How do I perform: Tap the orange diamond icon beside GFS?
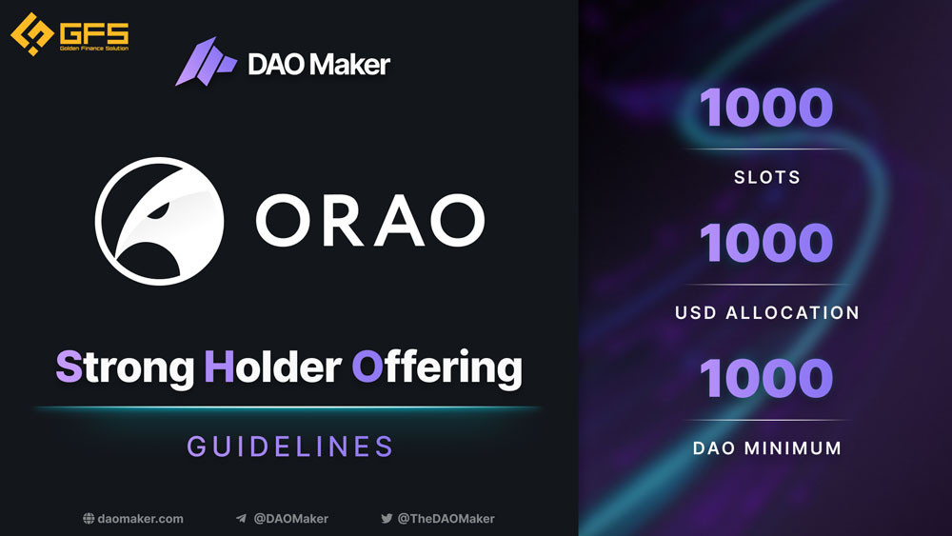pos(32,34)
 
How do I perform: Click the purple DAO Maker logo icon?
pos(206,61)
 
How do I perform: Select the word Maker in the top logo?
pos(353,65)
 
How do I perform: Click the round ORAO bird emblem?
pos(159,221)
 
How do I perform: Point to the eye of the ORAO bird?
pos(158,210)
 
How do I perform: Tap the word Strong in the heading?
pos(125,367)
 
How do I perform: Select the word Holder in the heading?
pos(272,367)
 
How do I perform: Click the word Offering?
pos(437,367)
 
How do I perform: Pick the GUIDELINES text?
pos(290,447)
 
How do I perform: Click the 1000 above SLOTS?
pos(766,108)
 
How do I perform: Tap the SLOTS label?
pos(766,177)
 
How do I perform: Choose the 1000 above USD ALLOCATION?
pos(766,243)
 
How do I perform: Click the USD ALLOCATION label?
pos(767,312)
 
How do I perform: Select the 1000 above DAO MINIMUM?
pos(766,378)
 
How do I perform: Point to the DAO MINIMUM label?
pos(767,448)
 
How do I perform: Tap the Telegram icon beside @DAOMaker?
pos(241,519)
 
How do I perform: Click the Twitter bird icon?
pos(387,519)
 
